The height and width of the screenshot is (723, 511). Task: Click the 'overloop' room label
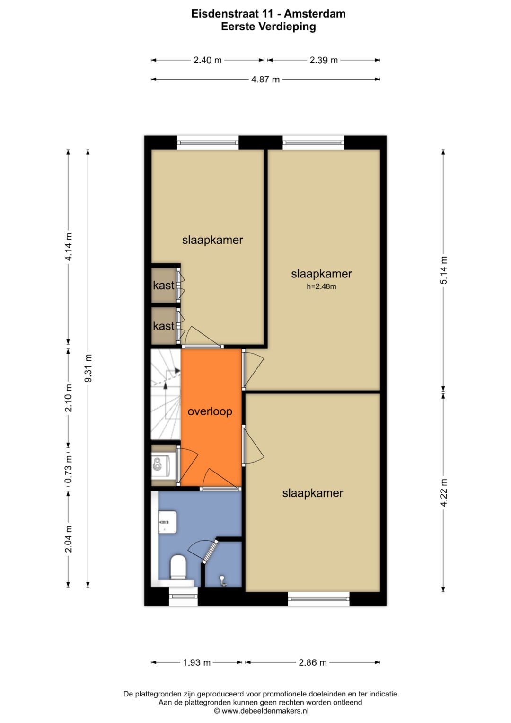pyautogui.click(x=210, y=411)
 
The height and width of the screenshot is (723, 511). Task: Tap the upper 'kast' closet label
pyautogui.click(x=163, y=285)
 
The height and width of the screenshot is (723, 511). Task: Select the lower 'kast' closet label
pyautogui.click(x=163, y=326)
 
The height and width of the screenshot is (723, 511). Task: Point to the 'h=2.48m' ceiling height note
pyautogui.click(x=321, y=286)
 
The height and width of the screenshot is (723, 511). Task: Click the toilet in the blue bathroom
pyautogui.click(x=178, y=567)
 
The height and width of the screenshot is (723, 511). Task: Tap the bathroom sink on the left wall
pyautogui.click(x=167, y=521)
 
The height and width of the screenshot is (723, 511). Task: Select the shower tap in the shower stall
pyautogui.click(x=222, y=580)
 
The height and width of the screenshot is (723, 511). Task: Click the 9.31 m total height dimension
pyautogui.click(x=88, y=368)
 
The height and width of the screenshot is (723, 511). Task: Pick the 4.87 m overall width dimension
pyautogui.click(x=265, y=80)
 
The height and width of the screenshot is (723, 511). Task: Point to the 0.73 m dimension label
pyautogui.click(x=69, y=469)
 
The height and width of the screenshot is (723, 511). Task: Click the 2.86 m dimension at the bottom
pyautogui.click(x=312, y=662)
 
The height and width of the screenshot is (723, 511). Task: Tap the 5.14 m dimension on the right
pyautogui.click(x=443, y=270)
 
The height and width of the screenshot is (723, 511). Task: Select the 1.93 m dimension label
pyautogui.click(x=196, y=662)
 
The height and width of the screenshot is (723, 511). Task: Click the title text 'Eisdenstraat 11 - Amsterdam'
pyautogui.click(x=268, y=14)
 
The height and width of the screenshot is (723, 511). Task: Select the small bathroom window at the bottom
pyautogui.click(x=183, y=596)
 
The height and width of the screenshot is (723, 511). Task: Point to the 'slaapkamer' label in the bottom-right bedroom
pyautogui.click(x=312, y=493)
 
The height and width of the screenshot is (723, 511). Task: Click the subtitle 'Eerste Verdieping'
pyautogui.click(x=268, y=27)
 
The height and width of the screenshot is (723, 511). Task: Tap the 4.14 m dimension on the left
pyautogui.click(x=69, y=247)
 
